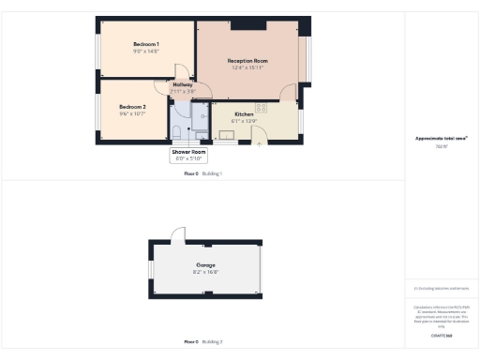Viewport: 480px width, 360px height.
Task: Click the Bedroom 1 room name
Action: (x=145, y=44)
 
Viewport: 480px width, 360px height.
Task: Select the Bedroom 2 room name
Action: (x=132, y=107)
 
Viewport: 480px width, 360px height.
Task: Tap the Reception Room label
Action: (x=247, y=60)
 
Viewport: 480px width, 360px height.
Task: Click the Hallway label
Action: (x=183, y=84)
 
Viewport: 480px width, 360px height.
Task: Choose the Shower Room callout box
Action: (x=187, y=155)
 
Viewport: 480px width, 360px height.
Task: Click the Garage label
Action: (x=206, y=265)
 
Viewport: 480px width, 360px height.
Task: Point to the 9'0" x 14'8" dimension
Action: (x=145, y=52)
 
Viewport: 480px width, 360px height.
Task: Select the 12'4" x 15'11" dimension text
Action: (x=247, y=67)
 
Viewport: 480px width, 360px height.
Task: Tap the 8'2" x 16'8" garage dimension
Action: (x=206, y=272)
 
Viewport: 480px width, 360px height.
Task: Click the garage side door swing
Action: (x=185, y=233)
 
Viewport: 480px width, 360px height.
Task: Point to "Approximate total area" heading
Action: (x=441, y=139)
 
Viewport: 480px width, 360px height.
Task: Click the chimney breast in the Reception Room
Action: (x=247, y=22)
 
